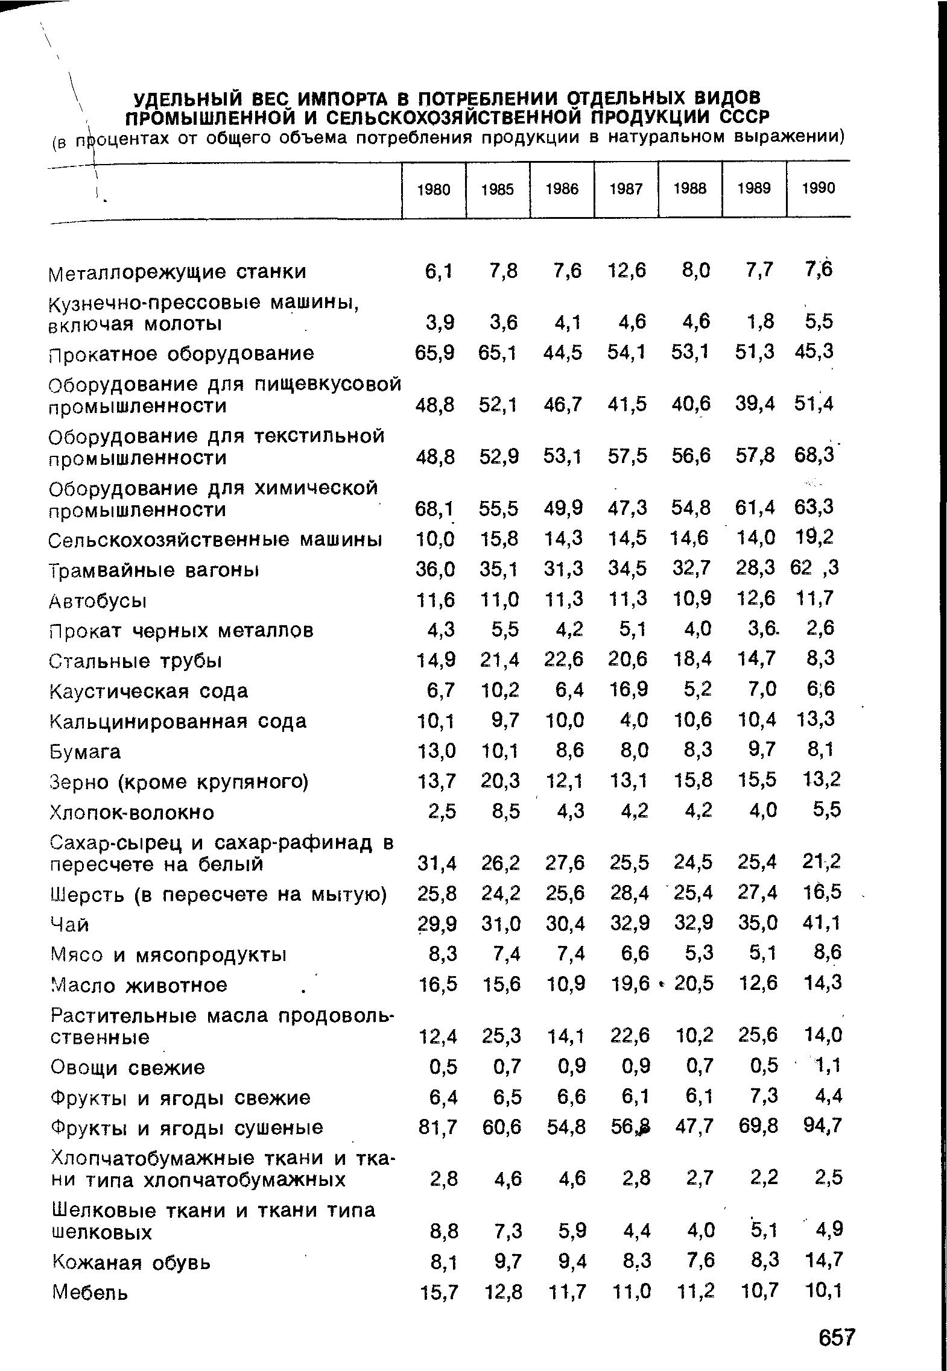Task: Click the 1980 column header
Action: click(x=434, y=189)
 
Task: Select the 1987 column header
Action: click(x=626, y=189)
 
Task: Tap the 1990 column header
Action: click(x=819, y=189)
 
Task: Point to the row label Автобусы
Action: click(x=98, y=601)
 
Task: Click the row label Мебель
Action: click(x=90, y=1292)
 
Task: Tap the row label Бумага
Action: click(x=85, y=751)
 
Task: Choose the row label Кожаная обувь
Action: click(x=132, y=1262)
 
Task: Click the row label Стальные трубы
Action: click(x=136, y=661)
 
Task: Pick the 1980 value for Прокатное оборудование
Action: click(x=434, y=353)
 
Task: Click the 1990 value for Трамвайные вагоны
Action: click(x=815, y=568)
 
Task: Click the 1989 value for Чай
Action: click(x=756, y=923)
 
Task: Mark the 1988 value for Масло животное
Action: click(x=694, y=984)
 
